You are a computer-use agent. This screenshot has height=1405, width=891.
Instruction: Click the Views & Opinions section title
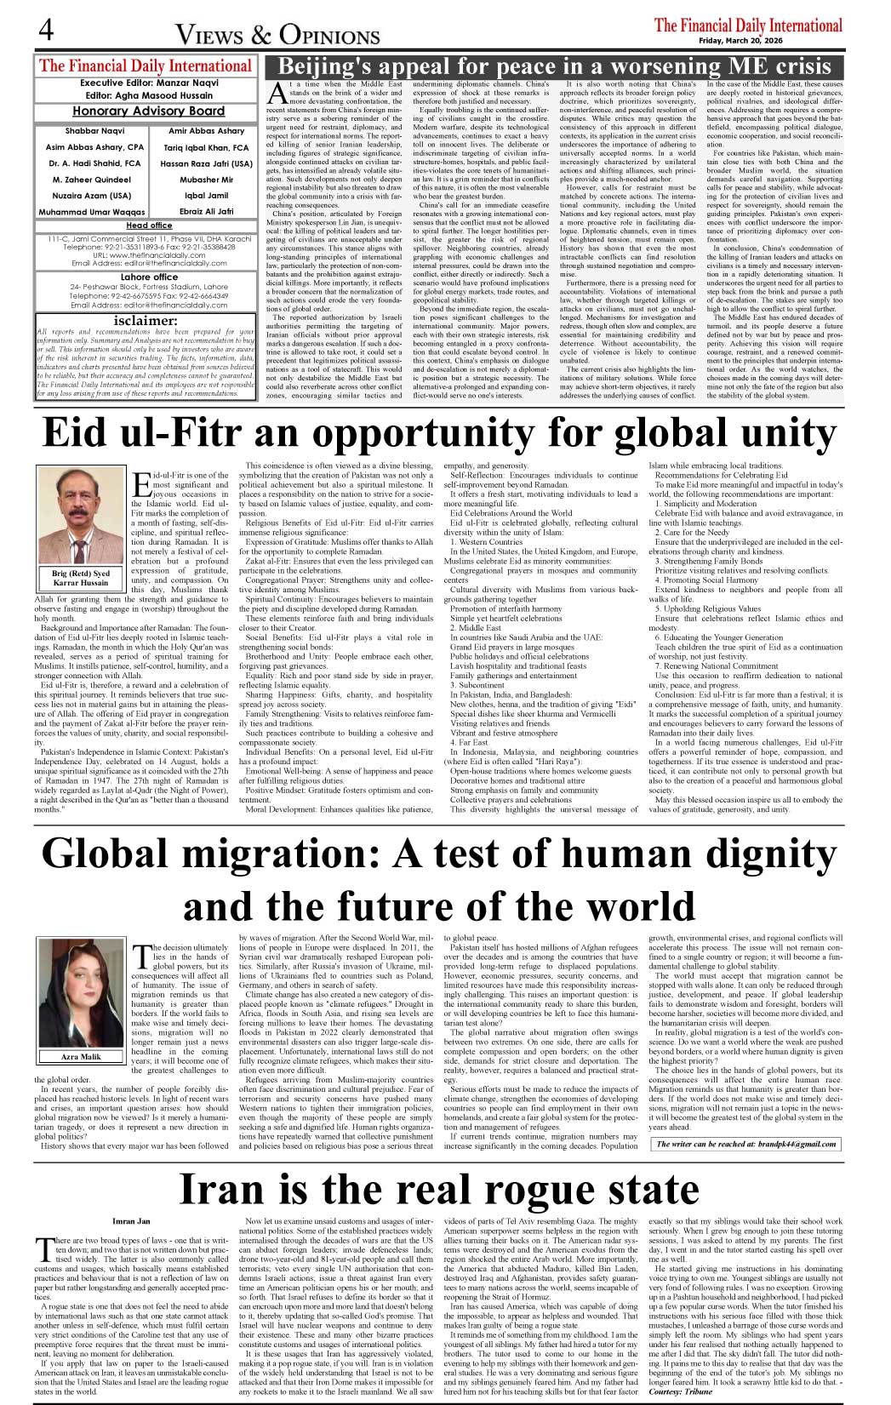pyautogui.click(x=277, y=35)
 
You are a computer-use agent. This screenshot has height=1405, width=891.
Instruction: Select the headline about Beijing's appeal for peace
pyautogui.click(x=555, y=66)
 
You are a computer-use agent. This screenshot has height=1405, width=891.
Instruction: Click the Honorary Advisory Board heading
pyautogui.click(x=148, y=111)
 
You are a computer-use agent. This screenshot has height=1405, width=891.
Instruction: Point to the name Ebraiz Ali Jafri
pyautogui.click(x=206, y=211)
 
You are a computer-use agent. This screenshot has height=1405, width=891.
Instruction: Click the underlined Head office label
pyautogui.click(x=149, y=226)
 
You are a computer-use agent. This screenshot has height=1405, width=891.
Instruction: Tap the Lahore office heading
pyautogui.click(x=149, y=277)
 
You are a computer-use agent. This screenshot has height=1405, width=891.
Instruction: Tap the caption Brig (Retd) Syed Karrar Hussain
pyautogui.click(x=82, y=579)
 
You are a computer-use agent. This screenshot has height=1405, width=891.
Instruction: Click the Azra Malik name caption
pyautogui.click(x=81, y=1057)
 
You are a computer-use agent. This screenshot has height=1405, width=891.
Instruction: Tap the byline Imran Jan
pyautogui.click(x=130, y=1221)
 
